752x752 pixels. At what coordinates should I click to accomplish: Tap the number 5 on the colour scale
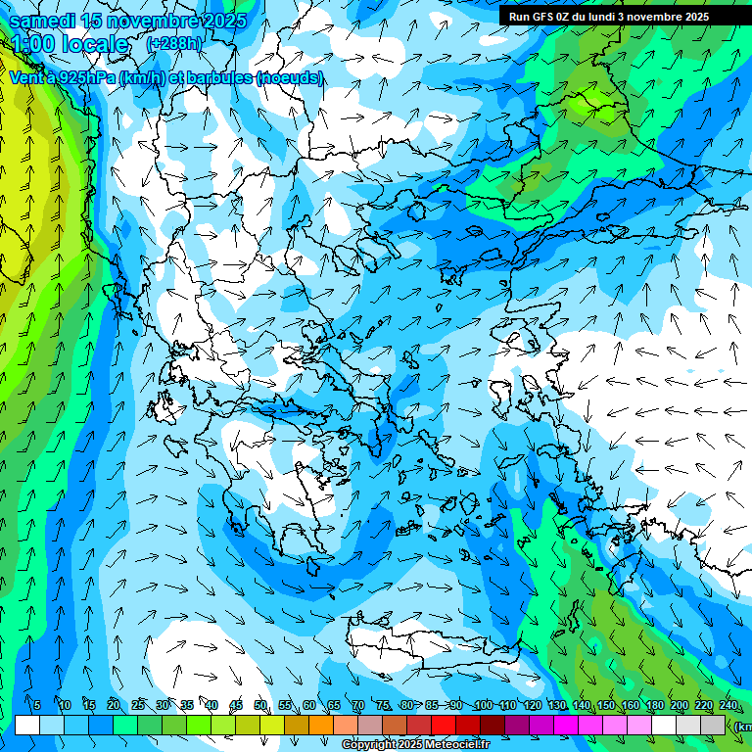(36, 706)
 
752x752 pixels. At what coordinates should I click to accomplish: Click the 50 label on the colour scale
(260, 706)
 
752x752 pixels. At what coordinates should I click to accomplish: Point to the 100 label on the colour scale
(483, 706)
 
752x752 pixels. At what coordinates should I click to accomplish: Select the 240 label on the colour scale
(728, 706)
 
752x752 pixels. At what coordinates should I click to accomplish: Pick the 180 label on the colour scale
(654, 706)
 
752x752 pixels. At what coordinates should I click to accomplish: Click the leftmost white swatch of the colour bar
(27, 725)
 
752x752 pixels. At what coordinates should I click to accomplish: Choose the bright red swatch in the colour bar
(444, 725)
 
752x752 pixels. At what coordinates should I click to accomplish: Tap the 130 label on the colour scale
(556, 706)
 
